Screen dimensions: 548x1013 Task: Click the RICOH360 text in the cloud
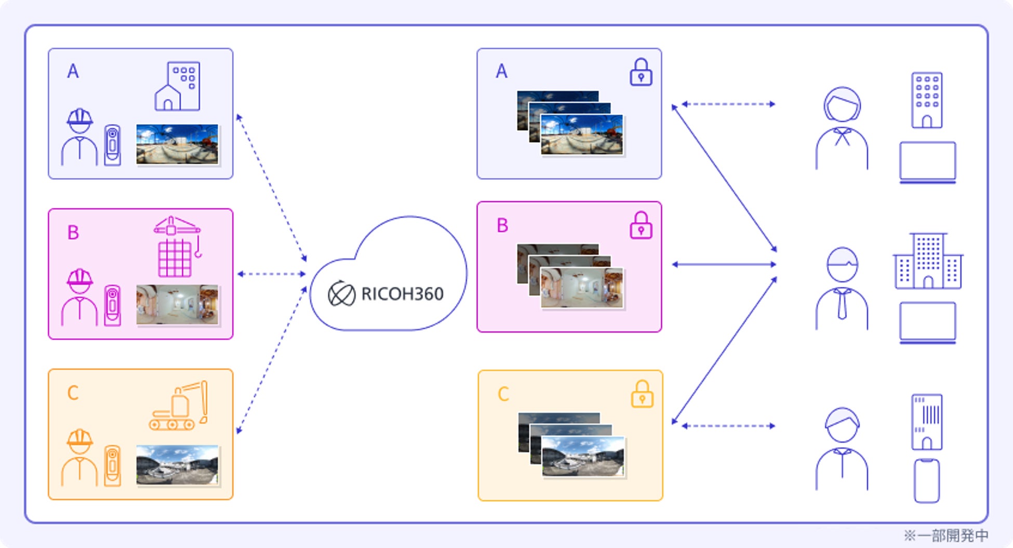click(x=402, y=294)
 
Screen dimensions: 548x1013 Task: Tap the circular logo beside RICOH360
click(x=341, y=294)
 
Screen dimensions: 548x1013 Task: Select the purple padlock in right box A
click(x=641, y=72)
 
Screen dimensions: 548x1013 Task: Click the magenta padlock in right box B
click(x=641, y=225)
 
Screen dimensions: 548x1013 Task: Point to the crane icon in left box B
click(x=177, y=246)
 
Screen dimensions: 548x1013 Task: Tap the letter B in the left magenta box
click(x=73, y=233)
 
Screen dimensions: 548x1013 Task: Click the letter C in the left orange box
click(x=73, y=393)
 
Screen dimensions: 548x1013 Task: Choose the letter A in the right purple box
click(x=501, y=71)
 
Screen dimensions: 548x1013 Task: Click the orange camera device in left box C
click(x=112, y=465)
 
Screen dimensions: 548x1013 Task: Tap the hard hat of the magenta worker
click(x=79, y=279)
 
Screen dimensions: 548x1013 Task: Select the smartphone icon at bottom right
click(x=927, y=480)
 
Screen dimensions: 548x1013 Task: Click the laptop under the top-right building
click(x=927, y=162)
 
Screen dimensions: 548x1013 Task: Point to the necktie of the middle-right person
click(x=842, y=304)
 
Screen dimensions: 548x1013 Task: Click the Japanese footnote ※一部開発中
click(x=945, y=536)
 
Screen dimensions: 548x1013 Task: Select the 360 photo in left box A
click(x=177, y=144)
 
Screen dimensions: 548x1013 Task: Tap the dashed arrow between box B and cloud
click(x=271, y=274)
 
